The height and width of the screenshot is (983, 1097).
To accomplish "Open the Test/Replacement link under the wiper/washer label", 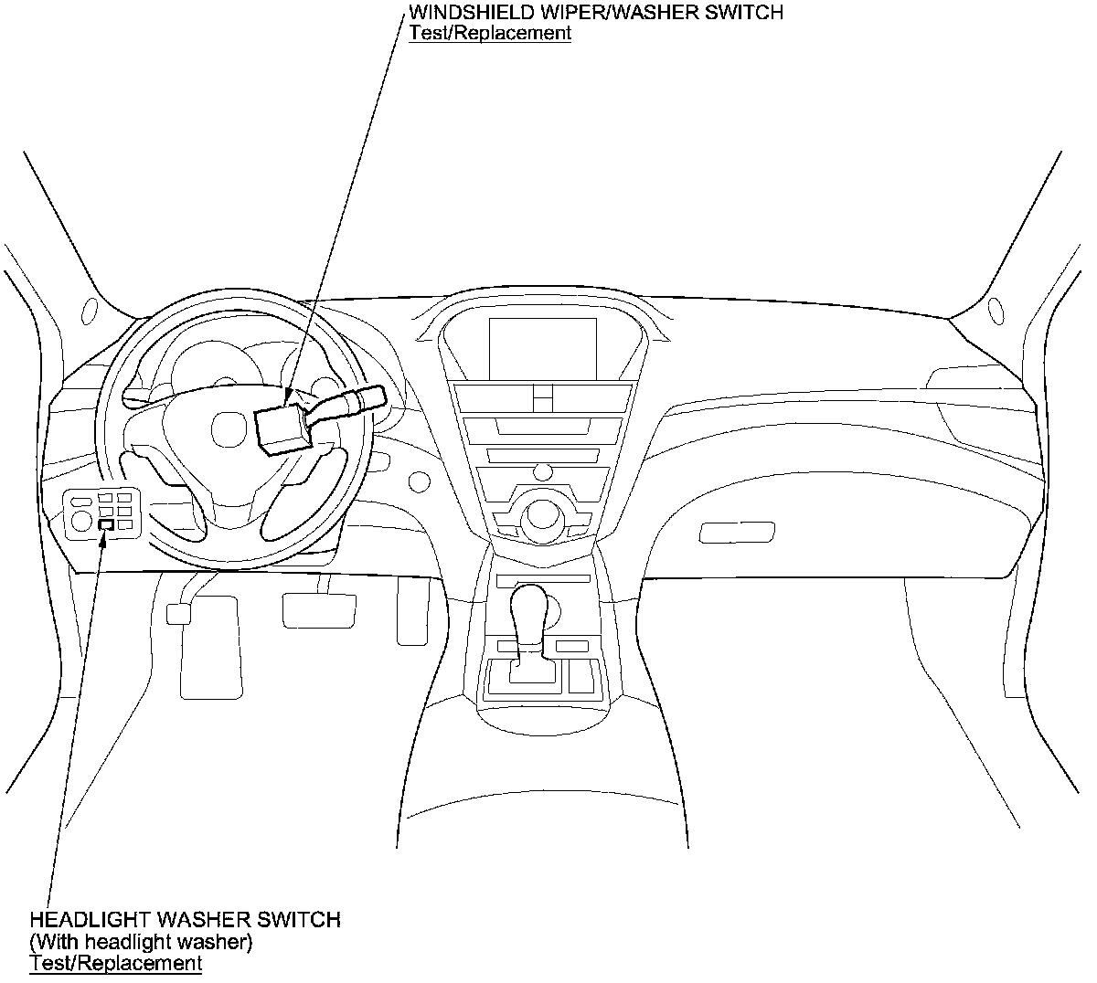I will tap(490, 33).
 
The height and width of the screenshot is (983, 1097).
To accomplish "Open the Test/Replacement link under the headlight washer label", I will tap(115, 963).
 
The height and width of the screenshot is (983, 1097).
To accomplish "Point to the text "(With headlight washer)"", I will tap(141, 941).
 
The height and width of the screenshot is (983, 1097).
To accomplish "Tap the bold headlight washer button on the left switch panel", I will tap(107, 525).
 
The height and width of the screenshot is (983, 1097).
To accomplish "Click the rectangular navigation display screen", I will tap(543, 349).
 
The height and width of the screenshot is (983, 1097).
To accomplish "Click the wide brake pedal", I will tap(319, 610).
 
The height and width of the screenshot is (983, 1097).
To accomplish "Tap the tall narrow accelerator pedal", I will tap(413, 609).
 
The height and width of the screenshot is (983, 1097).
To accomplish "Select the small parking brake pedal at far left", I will tap(178, 613).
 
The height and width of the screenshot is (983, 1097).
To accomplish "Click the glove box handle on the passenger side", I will tap(737, 533).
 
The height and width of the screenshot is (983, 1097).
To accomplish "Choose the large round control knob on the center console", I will tap(542, 517).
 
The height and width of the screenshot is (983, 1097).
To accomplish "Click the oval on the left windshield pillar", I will tap(90, 311).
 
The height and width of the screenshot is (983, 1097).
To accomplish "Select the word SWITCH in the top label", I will tap(744, 13).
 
